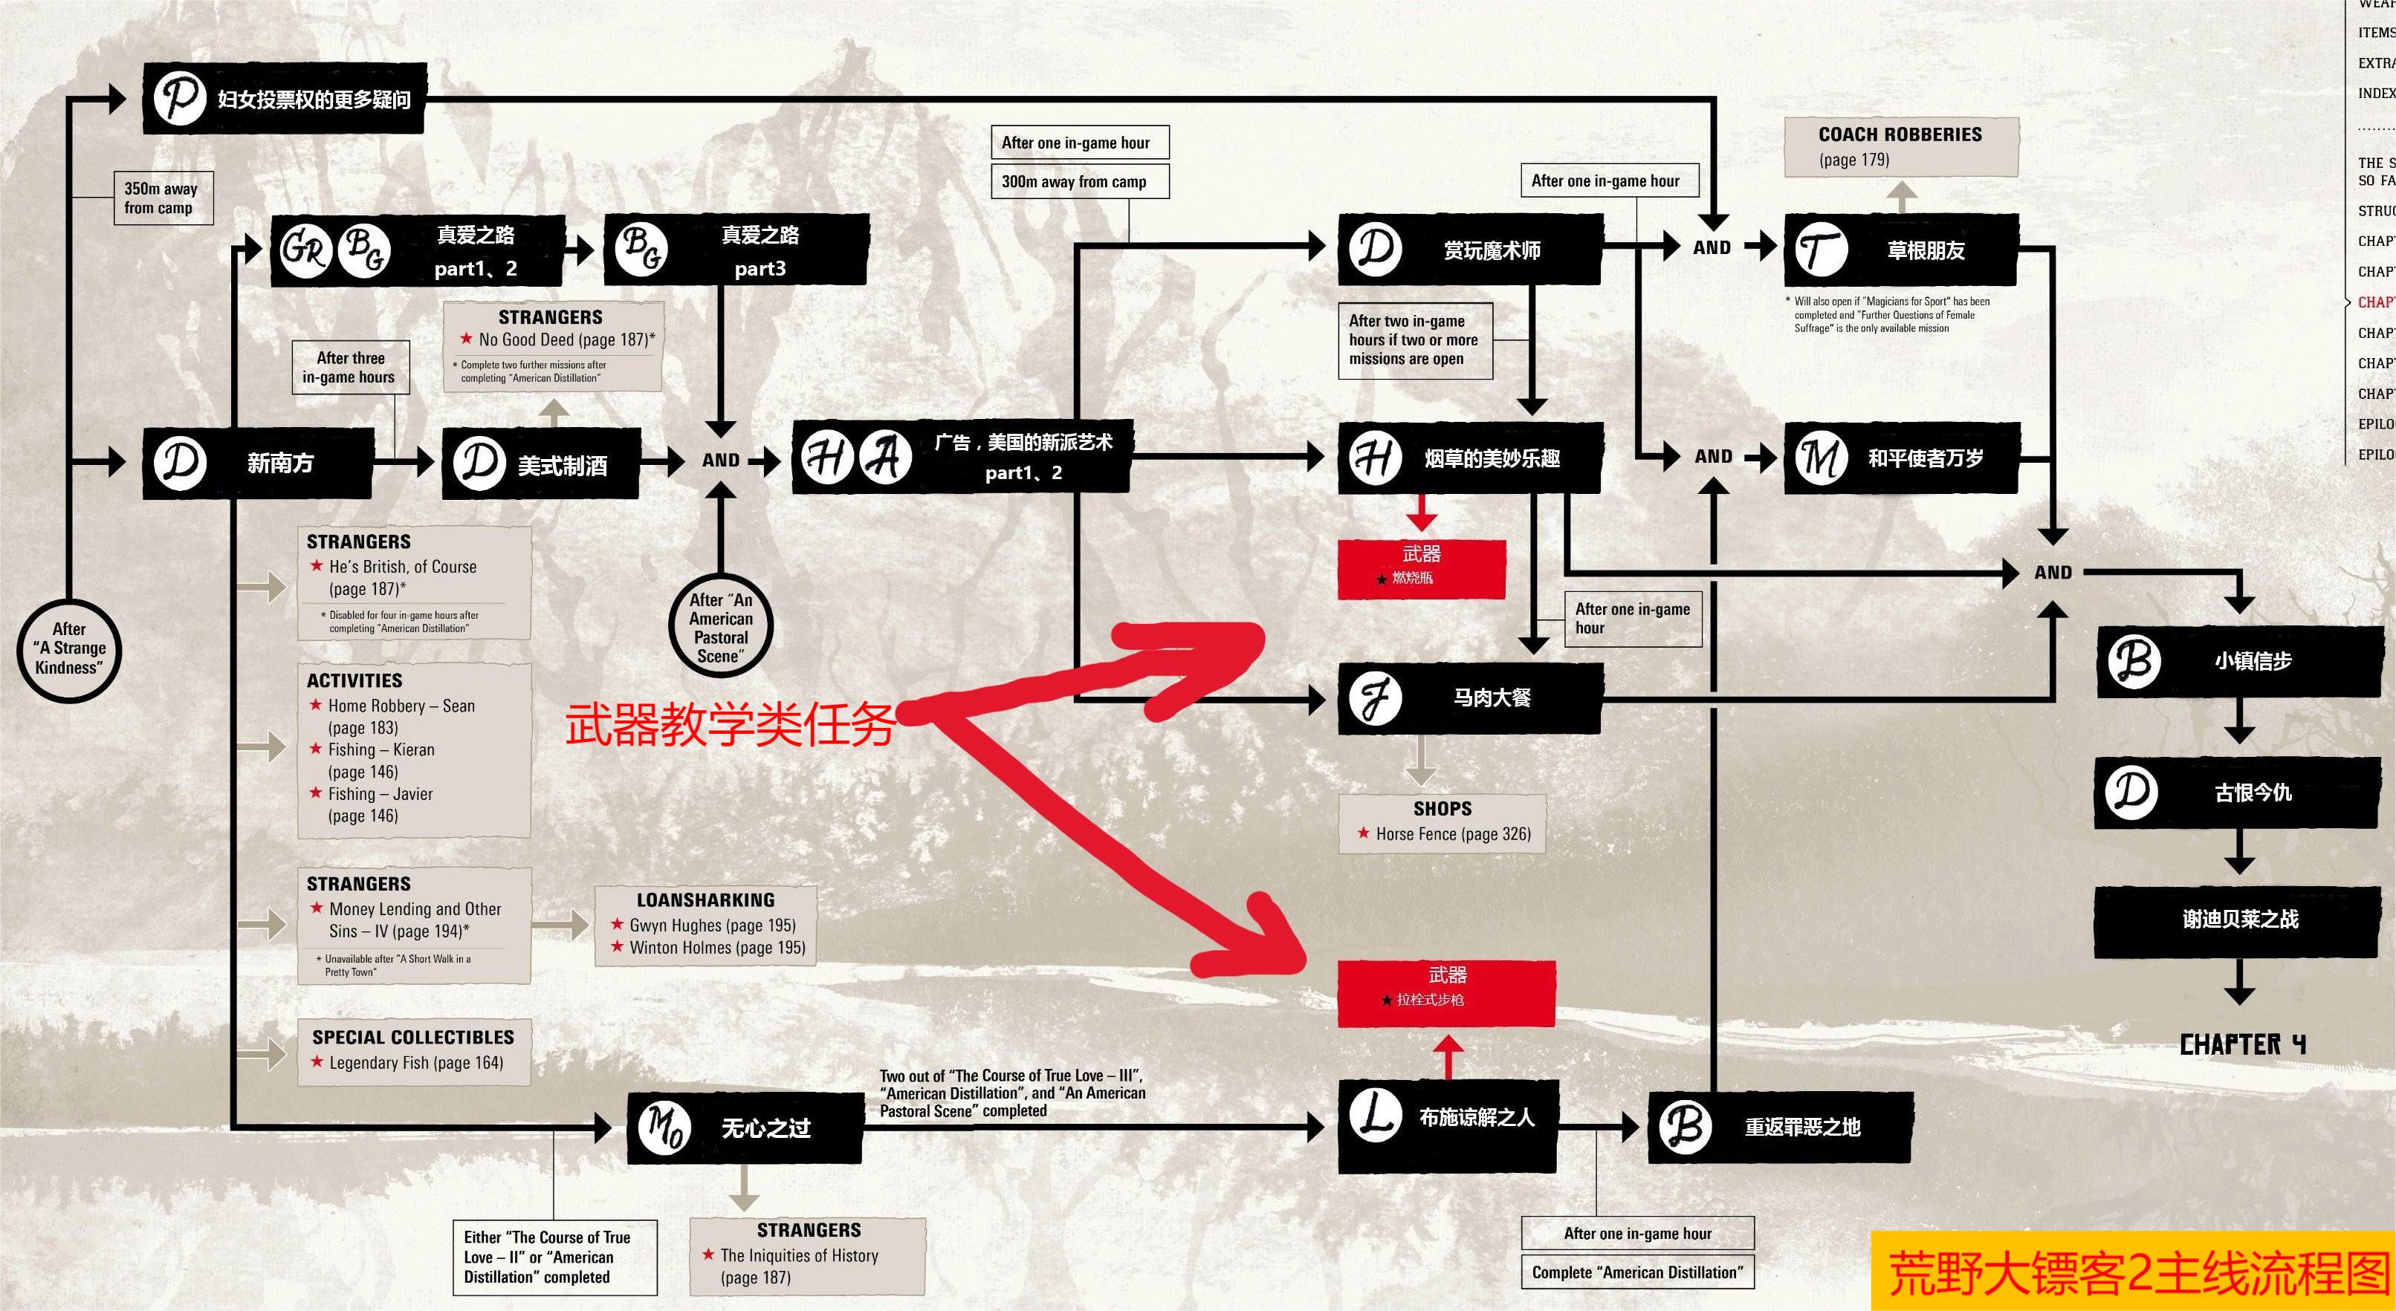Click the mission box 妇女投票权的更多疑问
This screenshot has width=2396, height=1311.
click(x=285, y=99)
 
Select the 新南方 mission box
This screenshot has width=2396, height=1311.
click(x=258, y=463)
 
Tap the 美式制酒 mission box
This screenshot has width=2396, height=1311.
click(x=540, y=464)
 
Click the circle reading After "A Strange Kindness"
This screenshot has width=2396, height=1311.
click(x=70, y=648)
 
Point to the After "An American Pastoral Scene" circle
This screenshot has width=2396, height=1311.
click(x=720, y=628)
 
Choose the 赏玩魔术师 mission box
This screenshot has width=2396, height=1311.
click(x=1469, y=249)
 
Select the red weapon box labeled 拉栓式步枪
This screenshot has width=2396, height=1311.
click(x=1445, y=993)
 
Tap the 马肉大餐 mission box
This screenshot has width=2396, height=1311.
click(x=1469, y=697)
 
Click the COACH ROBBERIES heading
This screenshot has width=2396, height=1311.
click(x=1900, y=135)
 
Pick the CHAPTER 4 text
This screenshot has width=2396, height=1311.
click(x=2241, y=1044)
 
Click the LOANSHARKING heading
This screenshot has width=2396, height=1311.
click(x=705, y=900)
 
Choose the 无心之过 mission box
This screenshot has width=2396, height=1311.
click(x=744, y=1128)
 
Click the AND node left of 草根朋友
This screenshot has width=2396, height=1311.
click(x=1712, y=247)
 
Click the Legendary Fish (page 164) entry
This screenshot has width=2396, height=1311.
click(x=415, y=1063)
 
